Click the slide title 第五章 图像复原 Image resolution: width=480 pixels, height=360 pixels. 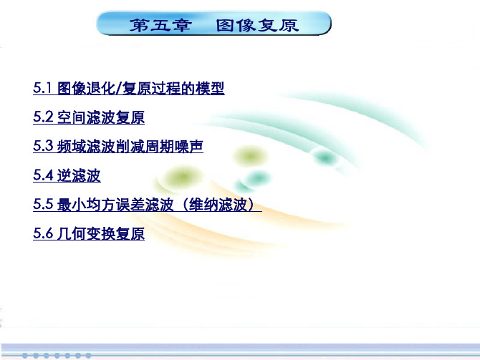tap(214, 25)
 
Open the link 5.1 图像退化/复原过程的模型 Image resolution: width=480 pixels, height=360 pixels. tap(129, 88)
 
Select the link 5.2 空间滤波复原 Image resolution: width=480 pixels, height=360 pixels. tap(89, 117)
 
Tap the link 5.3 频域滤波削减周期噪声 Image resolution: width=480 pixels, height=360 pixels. tap(118, 146)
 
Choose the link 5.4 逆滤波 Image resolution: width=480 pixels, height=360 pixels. tap(67, 175)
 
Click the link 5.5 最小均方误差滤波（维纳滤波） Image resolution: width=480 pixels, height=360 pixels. tap(148, 204)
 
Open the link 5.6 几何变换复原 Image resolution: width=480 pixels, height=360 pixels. tap(89, 233)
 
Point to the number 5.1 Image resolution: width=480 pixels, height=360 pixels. tap(42, 88)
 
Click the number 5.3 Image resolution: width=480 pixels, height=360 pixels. tap(43, 146)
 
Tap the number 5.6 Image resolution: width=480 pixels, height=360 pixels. tap(43, 233)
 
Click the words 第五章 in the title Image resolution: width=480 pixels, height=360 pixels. tap(160, 25)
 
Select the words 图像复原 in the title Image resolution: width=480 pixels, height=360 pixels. tap(257, 25)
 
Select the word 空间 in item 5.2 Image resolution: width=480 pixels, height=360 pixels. tap(72, 117)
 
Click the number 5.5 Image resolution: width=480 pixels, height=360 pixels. tap(43, 204)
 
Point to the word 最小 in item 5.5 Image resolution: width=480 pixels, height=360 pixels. tap(72, 204)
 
